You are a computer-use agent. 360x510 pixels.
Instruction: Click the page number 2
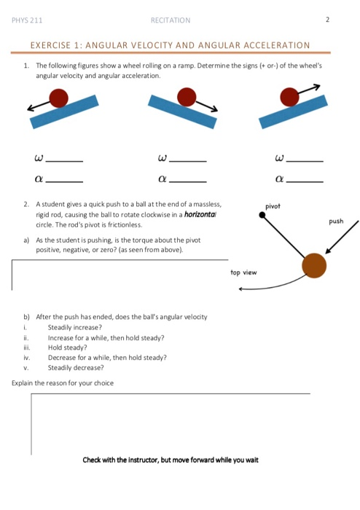point(328,20)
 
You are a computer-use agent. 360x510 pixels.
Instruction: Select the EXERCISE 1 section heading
point(170,45)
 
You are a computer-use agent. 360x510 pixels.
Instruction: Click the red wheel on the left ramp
point(59,98)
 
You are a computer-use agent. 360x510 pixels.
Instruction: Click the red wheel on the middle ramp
point(187,96)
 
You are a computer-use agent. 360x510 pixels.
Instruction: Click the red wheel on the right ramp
point(291,95)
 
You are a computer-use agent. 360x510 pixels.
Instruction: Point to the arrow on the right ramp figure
point(310,89)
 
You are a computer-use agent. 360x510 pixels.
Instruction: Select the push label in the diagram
point(336,221)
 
